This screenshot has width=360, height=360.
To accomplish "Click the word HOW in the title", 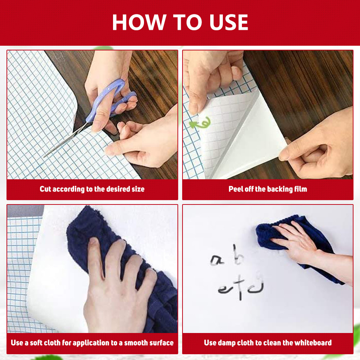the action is pos(139,22).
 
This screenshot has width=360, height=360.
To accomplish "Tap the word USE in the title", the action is pos(229,22).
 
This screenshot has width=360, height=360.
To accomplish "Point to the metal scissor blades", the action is pos(66,140).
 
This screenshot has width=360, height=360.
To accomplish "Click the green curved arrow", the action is pos(200,123).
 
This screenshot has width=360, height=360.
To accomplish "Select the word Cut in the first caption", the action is pos(45,189).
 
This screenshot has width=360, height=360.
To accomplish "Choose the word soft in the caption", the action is pos(36,343).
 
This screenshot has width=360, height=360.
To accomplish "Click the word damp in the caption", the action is pos(226,343).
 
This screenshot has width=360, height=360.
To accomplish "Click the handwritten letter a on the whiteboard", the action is pos(216,260).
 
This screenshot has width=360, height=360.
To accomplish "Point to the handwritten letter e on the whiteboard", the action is pos(224,290).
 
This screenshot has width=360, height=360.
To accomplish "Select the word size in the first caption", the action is pos(138,189).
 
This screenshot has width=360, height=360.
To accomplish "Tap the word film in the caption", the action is pos(301,189).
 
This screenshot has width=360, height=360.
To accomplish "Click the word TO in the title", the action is pos(188,22).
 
